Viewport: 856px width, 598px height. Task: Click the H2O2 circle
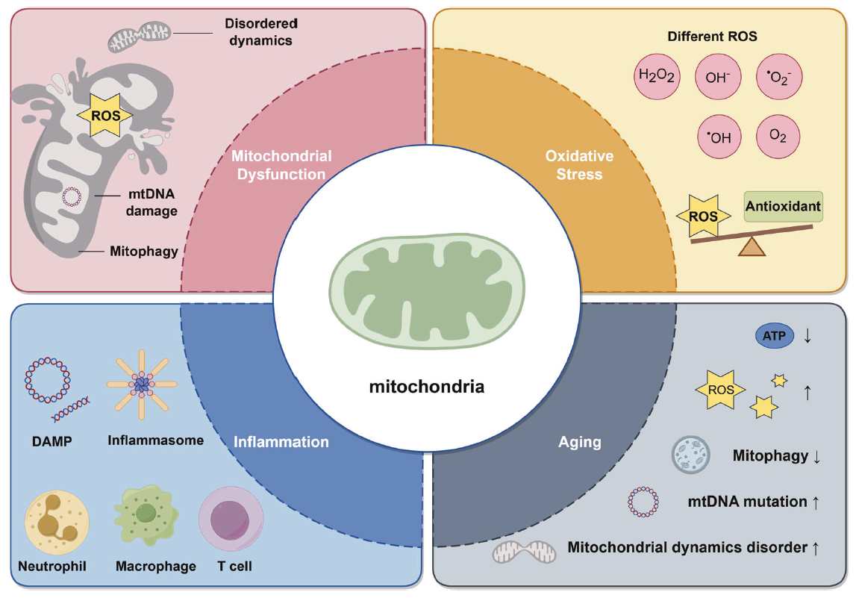pos(657,77)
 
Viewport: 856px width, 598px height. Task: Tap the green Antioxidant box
pos(783,206)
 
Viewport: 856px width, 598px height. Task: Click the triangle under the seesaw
pos(752,246)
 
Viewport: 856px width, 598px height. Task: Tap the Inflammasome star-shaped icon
pos(142,384)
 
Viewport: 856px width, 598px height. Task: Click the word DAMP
pos(51,441)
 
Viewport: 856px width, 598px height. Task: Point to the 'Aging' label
pos(580,442)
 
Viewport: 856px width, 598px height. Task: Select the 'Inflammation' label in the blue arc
pos(281,442)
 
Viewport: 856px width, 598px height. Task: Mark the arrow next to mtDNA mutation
pos(816,502)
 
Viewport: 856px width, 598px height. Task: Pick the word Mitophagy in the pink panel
pos(144,251)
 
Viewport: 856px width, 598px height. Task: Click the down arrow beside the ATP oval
pos(807,337)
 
